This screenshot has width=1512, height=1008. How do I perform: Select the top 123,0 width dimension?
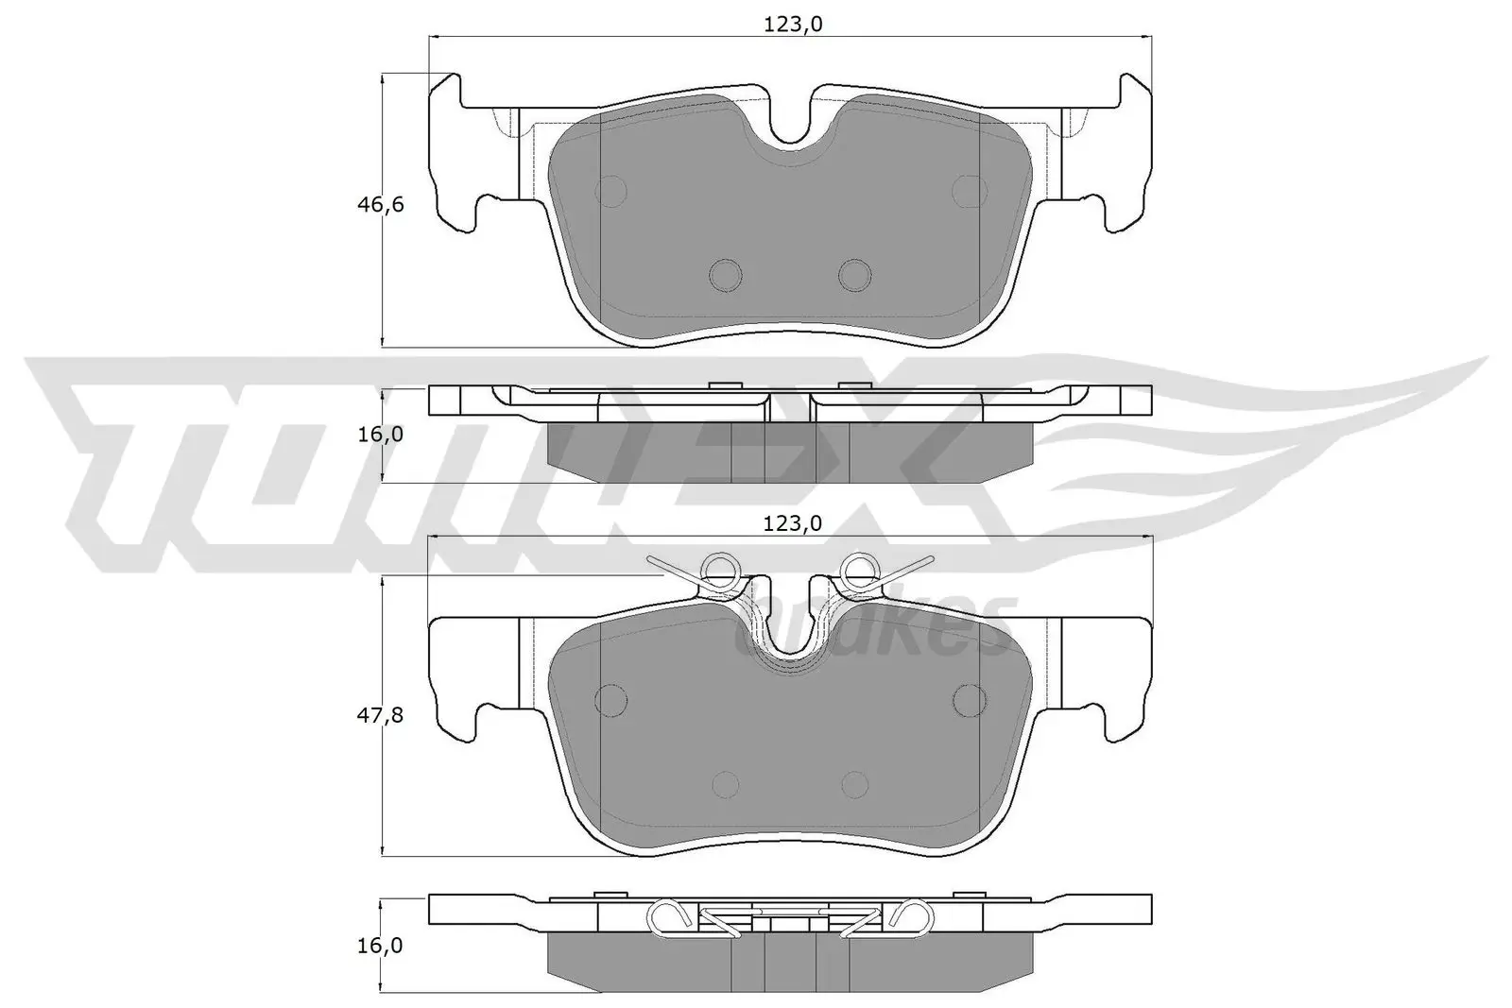[792, 25]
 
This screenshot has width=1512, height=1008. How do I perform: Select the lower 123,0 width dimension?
[792, 522]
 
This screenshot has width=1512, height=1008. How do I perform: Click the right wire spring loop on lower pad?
[861, 569]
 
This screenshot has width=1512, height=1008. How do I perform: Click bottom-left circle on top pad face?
[726, 274]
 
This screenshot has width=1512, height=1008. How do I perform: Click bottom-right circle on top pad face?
[855, 274]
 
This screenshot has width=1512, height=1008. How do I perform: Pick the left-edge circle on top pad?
[612, 191]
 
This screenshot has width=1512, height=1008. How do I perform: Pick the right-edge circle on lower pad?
[970, 699]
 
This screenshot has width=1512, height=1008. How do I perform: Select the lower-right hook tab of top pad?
[1119, 213]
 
